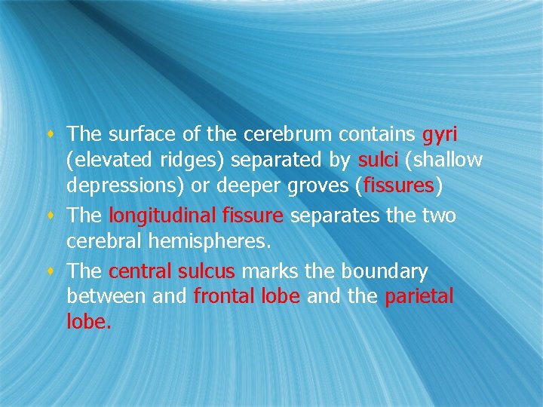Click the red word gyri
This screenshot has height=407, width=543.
pyautogui.click(x=440, y=136)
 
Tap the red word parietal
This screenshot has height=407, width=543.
pyautogui.click(x=419, y=297)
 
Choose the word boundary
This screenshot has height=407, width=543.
pyautogui.click(x=385, y=271)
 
